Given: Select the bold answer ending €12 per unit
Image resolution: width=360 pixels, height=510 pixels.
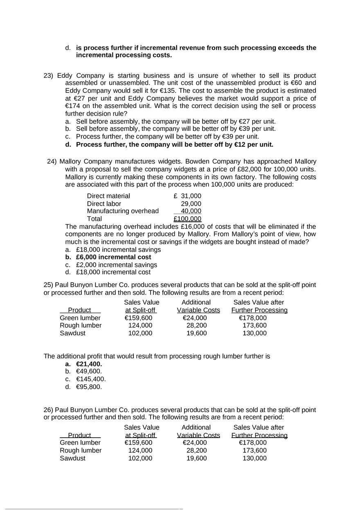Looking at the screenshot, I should [x=175, y=145].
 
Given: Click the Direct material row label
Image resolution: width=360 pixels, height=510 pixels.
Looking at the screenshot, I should [x=108, y=196].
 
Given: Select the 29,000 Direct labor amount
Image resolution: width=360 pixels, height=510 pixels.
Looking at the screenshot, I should [x=191, y=204].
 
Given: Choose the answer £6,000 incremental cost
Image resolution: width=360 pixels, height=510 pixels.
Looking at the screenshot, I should [x=113, y=257].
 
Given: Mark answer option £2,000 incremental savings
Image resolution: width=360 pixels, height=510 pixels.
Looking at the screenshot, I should [x=116, y=265].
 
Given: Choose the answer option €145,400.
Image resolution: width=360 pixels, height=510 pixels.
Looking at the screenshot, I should [x=91, y=379].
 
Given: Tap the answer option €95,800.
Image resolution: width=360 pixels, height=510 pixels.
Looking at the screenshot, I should [x=89, y=387].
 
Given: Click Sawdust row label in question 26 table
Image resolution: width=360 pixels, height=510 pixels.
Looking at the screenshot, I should [x=73, y=458].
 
